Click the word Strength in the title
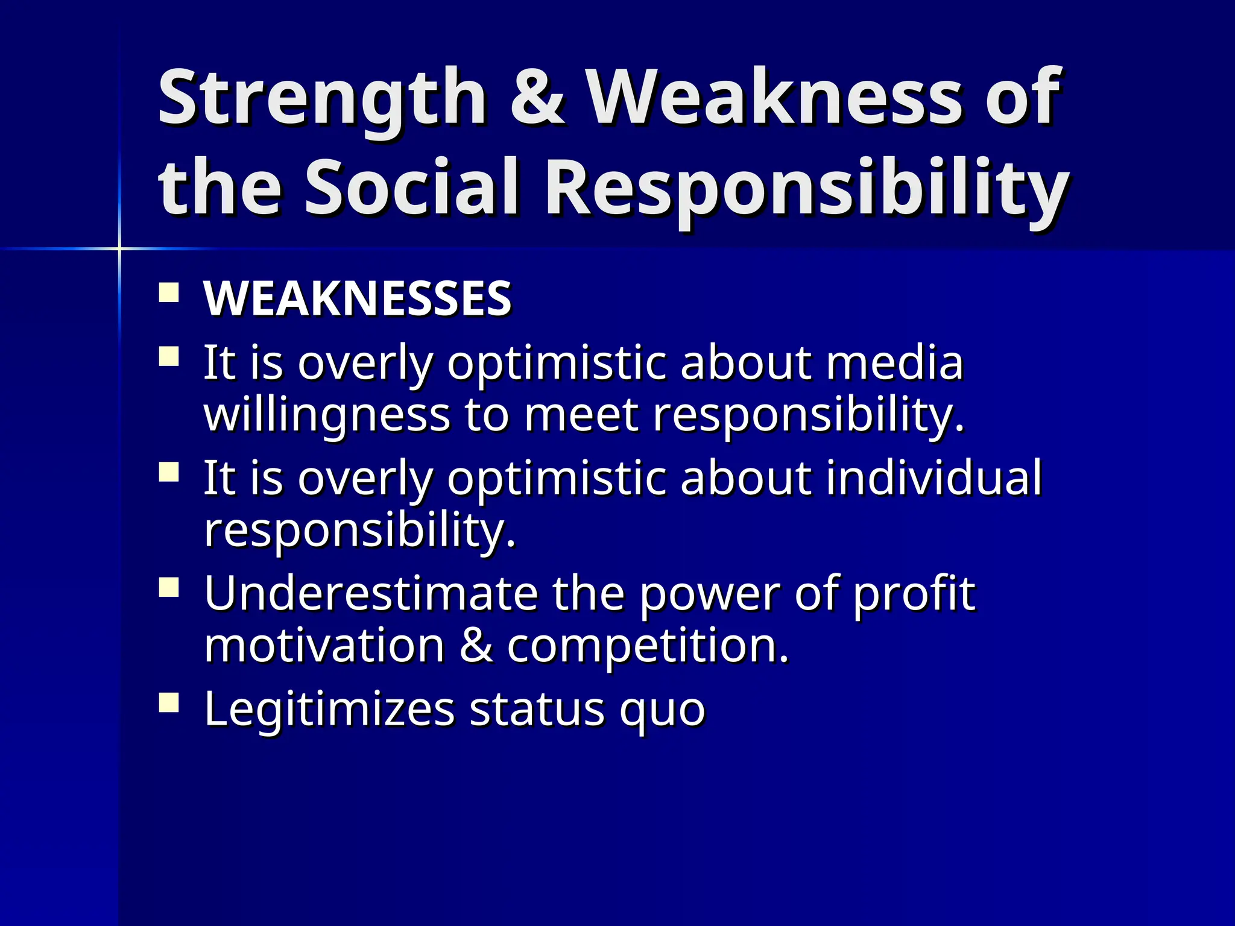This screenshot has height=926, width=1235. click(x=321, y=98)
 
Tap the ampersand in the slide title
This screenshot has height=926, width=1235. click(x=537, y=98)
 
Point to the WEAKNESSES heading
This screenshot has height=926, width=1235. click(x=358, y=298)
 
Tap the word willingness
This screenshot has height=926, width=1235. click(x=327, y=416)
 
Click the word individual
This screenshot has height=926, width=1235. click(x=933, y=478)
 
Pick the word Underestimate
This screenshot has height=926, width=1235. click(x=370, y=594)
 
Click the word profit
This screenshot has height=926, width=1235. click(x=914, y=594)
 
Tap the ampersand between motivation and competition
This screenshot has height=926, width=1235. click(x=476, y=646)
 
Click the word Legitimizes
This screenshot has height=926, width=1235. click(x=329, y=710)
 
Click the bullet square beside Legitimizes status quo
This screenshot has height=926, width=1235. click(x=169, y=703)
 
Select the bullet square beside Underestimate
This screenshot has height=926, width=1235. click(x=169, y=587)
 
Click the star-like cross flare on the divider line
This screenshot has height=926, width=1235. click(x=119, y=248)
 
